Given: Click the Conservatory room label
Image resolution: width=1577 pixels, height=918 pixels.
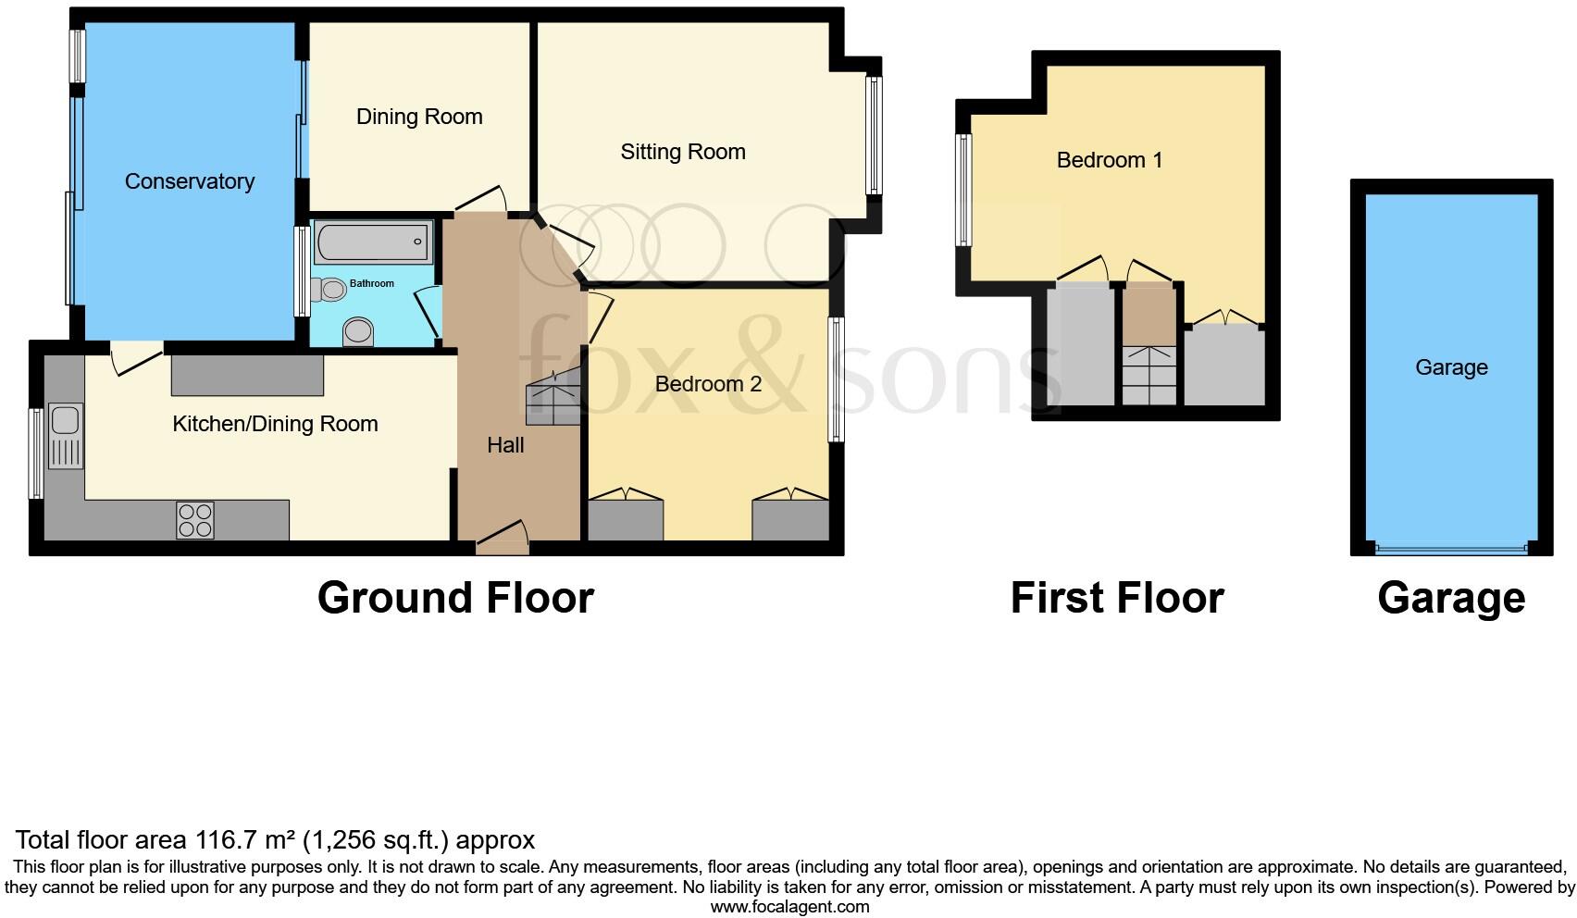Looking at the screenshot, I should tap(190, 181).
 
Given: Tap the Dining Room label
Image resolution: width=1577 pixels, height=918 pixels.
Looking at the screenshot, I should tap(419, 117).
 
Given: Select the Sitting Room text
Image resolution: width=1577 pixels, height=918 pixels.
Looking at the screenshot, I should tap(683, 152).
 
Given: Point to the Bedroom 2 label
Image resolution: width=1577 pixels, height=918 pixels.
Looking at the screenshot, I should tap(708, 384).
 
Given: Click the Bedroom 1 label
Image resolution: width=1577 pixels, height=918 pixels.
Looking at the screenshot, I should tap(1109, 160).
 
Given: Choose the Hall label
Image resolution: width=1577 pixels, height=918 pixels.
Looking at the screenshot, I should tap(505, 445).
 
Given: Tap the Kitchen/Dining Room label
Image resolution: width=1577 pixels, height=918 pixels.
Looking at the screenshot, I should tap(275, 424).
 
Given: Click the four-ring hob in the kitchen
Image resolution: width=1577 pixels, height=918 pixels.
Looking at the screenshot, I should tap(194, 520).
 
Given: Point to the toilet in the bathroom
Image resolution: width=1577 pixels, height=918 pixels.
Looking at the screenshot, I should tap(357, 331).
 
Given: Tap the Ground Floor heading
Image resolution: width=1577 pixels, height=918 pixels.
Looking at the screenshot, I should tap(455, 598).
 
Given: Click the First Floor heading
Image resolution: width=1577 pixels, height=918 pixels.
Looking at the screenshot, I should tap(1117, 598).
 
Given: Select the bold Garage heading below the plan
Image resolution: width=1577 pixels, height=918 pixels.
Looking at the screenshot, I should tap(1450, 598).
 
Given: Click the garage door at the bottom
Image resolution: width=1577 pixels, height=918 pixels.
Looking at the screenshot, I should tap(1450, 550).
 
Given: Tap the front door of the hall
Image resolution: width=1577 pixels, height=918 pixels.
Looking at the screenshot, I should tap(502, 546).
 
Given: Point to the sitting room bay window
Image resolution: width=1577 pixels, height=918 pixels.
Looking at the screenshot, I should tap(873, 136).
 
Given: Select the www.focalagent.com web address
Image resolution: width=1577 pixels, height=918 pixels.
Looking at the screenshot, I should tap(789, 907).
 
